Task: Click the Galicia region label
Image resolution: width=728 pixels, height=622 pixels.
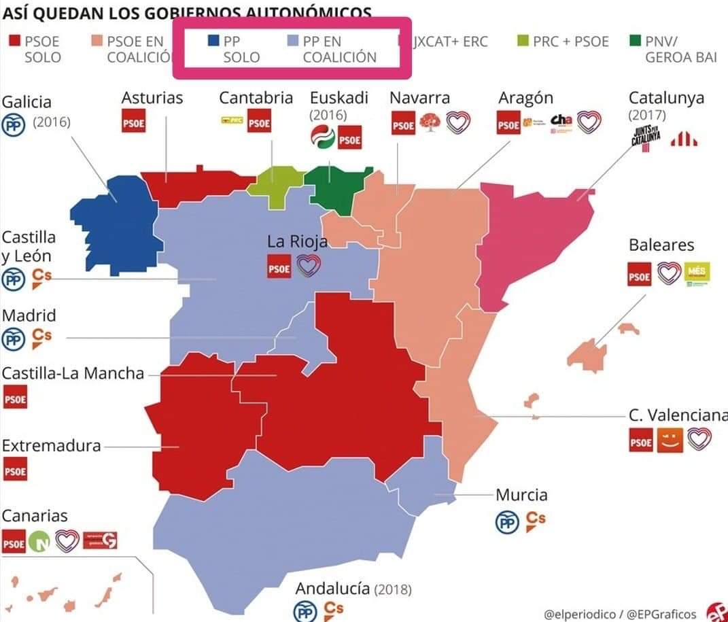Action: tap(27, 102)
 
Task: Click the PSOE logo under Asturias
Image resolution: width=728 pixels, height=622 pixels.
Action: tap(133, 124)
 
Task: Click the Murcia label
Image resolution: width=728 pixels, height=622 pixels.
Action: tap(521, 495)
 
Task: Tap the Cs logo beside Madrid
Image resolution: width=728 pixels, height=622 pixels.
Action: tap(41, 338)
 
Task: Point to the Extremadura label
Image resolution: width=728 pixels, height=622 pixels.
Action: tap(51, 446)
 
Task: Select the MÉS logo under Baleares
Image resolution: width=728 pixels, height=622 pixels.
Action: tap(697, 273)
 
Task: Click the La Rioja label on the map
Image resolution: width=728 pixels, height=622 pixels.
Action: tap(297, 241)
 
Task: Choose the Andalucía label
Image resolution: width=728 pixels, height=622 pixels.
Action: tap(332, 588)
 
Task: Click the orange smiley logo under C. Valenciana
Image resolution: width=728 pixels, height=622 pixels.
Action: tap(670, 440)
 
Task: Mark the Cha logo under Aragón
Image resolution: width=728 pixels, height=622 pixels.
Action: tap(561, 122)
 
